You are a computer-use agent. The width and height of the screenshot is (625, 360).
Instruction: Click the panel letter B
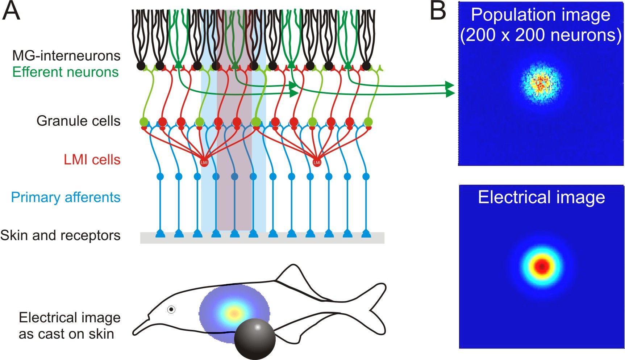coord(438,11)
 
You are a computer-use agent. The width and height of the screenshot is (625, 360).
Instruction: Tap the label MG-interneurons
coord(66,56)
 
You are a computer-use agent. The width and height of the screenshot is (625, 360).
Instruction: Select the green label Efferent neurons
coord(66,72)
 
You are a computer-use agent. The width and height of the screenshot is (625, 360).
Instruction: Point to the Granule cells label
coord(78,121)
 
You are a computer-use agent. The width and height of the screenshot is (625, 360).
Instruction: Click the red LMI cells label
coord(92,160)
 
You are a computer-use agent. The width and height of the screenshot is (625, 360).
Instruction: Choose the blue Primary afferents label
coord(66,197)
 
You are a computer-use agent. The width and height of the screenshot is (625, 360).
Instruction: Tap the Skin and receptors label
coord(60,235)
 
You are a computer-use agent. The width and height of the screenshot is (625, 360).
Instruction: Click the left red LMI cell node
coord(204,163)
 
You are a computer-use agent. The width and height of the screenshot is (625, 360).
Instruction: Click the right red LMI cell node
coord(317,163)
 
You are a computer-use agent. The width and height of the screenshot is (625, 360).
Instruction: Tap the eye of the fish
coord(171,309)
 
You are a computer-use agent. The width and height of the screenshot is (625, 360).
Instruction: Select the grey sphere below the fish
coord(255,339)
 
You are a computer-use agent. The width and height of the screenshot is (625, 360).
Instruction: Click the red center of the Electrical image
coord(542,267)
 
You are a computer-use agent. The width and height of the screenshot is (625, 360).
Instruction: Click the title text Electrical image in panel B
coord(541,197)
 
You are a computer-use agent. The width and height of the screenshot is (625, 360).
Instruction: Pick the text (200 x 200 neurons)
coord(541,35)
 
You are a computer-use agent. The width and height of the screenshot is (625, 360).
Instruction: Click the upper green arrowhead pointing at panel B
coord(450,86)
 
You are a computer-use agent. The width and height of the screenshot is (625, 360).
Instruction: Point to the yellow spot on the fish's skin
coord(234,313)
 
